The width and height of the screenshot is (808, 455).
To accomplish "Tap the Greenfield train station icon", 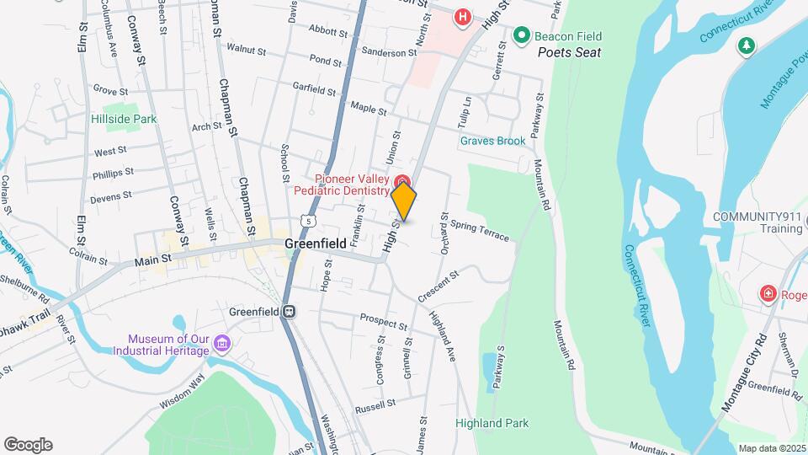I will click(290, 312).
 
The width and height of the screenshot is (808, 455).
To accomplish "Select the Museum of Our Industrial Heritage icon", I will click(222, 343).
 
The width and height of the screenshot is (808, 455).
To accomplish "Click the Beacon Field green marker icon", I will click(521, 35).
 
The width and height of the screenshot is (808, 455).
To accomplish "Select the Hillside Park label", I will click(124, 120).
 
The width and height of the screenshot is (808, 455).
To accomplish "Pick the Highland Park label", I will click(492, 423).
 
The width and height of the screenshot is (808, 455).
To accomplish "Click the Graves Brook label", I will click(492, 141).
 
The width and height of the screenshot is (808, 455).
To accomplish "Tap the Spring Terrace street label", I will click(480, 230).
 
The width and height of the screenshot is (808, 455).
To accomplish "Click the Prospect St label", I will click(383, 321).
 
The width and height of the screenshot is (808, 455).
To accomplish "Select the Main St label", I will click(152, 262).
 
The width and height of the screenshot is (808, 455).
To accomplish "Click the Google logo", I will click(28, 445).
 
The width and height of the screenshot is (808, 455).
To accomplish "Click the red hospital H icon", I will click(461, 16).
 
